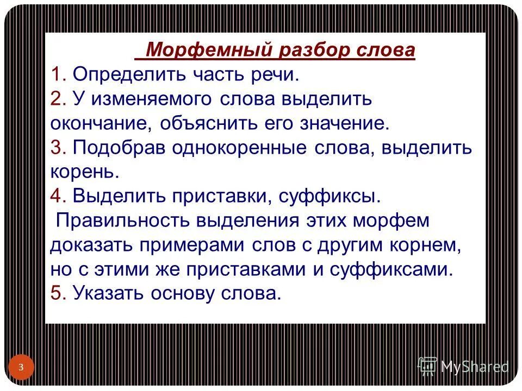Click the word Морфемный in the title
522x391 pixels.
pyautogui.click(x=209, y=51)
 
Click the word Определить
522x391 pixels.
pyautogui.click(x=129, y=74)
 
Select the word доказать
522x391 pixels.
pyautogui.click(x=91, y=245)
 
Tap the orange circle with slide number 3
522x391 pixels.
pyautogui.click(x=21, y=368)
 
